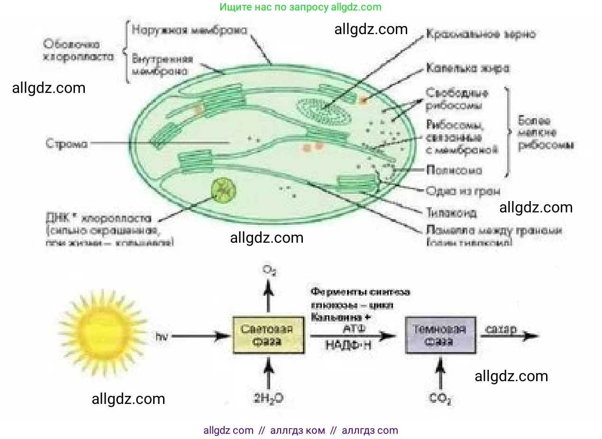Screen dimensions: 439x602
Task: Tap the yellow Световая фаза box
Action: [x=268, y=335]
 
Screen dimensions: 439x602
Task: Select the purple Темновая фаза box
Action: [x=440, y=335]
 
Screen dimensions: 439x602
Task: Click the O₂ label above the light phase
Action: [x=269, y=271]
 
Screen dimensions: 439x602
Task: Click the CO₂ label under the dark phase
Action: [x=440, y=399]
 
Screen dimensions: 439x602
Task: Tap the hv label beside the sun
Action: [x=162, y=337]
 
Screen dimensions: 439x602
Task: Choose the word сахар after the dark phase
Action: [x=501, y=329]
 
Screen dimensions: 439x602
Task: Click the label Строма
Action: [x=67, y=143]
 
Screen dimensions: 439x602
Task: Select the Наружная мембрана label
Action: [x=189, y=30]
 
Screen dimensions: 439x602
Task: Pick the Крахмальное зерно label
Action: [x=480, y=34]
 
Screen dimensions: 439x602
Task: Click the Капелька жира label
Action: [x=467, y=68]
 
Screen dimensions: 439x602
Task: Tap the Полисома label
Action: [x=454, y=170]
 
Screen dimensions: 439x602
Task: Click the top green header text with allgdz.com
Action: [x=301, y=7]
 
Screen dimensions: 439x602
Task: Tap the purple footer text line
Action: [x=301, y=430]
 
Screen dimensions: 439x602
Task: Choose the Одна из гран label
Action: [x=462, y=191]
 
